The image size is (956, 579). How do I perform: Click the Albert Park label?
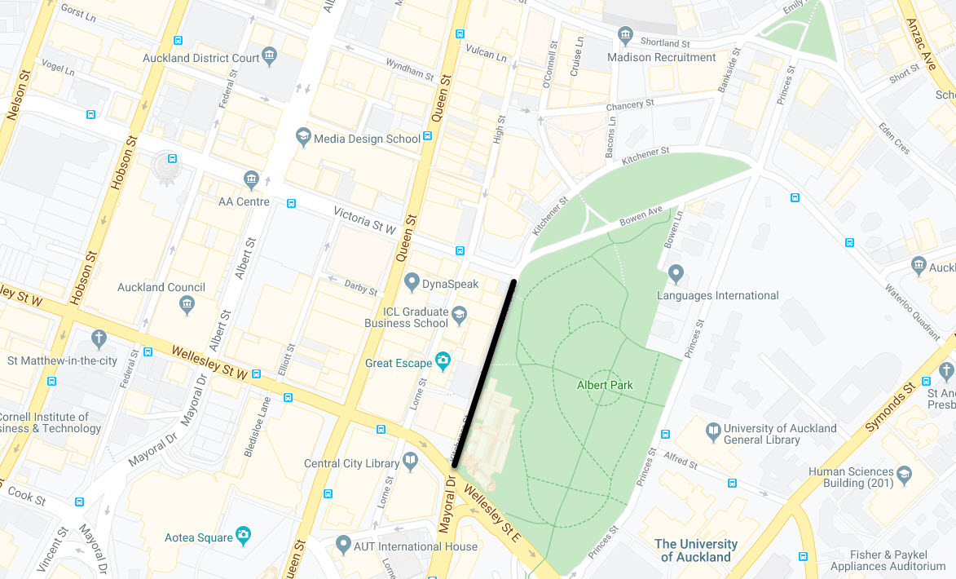(604, 385)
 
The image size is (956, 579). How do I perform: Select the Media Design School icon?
(304, 135)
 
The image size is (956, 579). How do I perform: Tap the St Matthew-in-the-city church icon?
(99, 338)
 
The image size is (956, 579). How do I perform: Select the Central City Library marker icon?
(411, 462)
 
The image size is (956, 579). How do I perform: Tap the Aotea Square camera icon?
(244, 535)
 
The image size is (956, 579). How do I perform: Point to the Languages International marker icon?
(675, 272)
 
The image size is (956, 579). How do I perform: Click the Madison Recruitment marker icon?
(625, 35)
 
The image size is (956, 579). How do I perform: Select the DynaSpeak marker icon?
(412, 282)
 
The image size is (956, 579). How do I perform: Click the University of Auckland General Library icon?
(714, 430)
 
